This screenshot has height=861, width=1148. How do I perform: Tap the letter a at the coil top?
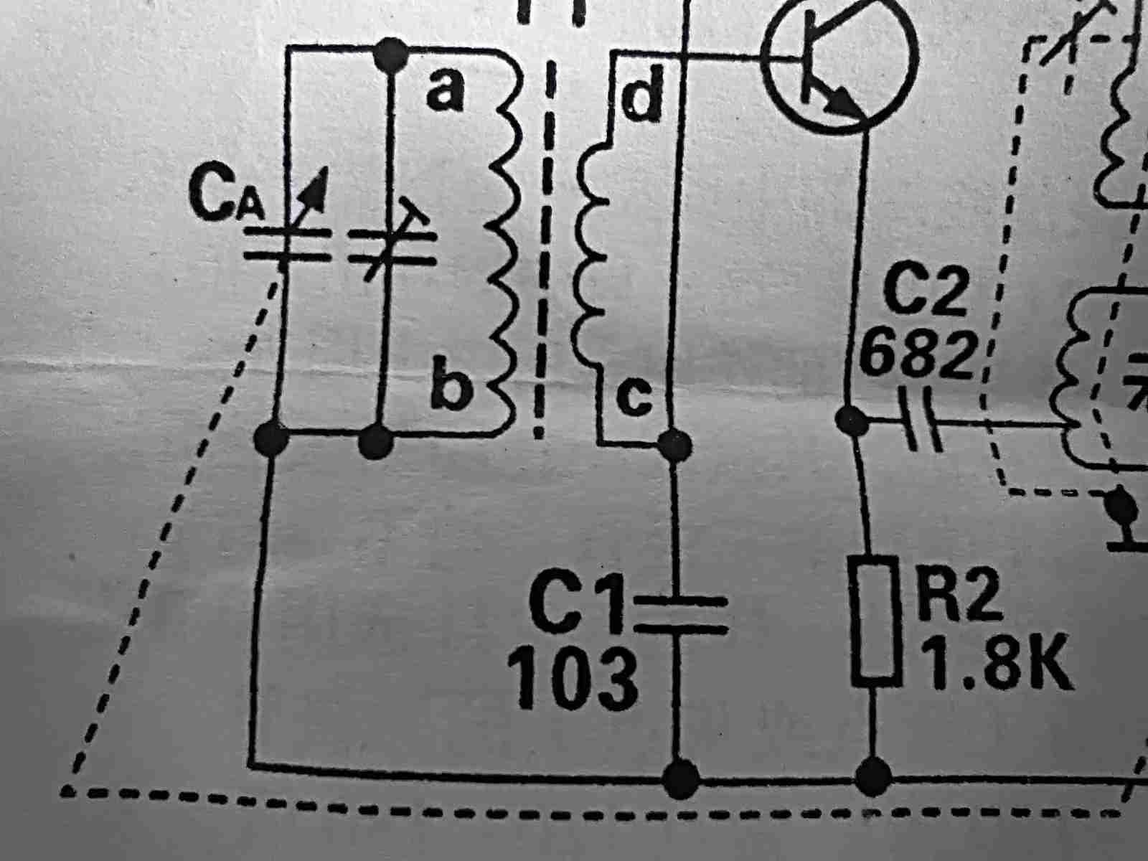(x=445, y=92)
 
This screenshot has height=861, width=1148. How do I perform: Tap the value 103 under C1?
(x=572, y=677)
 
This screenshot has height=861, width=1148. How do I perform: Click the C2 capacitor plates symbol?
(x=922, y=418)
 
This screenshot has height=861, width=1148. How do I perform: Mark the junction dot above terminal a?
(x=392, y=54)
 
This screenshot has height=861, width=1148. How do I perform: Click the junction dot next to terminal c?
(x=674, y=444)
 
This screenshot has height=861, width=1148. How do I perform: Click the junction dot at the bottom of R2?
(x=873, y=776)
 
